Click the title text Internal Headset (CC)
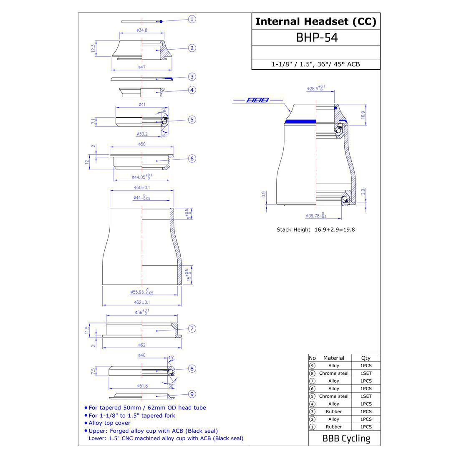315,22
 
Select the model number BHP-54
316,38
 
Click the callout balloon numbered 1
192,19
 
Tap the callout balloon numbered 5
192,120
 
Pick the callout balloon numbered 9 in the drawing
192,393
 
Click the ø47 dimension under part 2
142,67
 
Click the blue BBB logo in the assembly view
258,100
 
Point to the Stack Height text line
315,229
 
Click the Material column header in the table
334,358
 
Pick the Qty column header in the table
366,358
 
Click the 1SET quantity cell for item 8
366,373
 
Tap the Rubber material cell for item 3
334,411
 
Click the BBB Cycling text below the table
346,439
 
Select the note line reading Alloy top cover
109,423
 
